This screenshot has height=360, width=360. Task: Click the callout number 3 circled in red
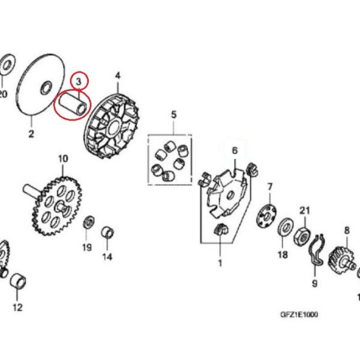[x=79, y=82]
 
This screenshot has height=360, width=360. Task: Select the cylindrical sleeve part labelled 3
[x=73, y=103]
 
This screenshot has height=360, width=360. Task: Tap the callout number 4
[x=118, y=76]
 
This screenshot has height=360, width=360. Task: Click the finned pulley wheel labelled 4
[x=110, y=126]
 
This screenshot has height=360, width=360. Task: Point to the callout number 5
[x=174, y=115]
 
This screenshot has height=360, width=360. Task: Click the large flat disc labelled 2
[x=40, y=85]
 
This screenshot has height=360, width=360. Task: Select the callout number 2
[x=31, y=134]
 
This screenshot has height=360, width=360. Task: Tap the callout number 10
[x=63, y=158]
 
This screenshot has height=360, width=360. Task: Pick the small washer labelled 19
[x=89, y=222]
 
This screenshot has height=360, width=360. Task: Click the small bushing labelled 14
[x=107, y=233]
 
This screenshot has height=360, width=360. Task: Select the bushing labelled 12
[x=18, y=281]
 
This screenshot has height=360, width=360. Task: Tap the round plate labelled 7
[x=266, y=216]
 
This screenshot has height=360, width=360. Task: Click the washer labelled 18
[x=286, y=228]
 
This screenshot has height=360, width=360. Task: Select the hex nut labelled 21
[x=302, y=236]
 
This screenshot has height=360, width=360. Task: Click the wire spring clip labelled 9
[x=317, y=250]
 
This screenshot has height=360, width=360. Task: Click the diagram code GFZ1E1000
[x=299, y=314]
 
